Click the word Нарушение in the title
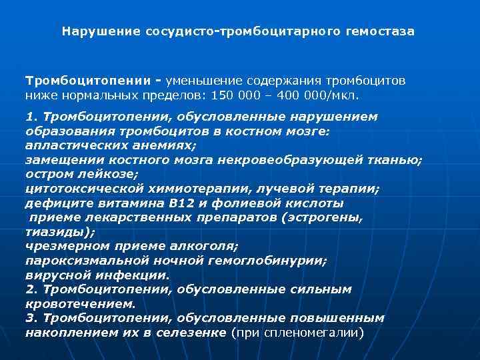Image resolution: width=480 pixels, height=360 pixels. point(101,31)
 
